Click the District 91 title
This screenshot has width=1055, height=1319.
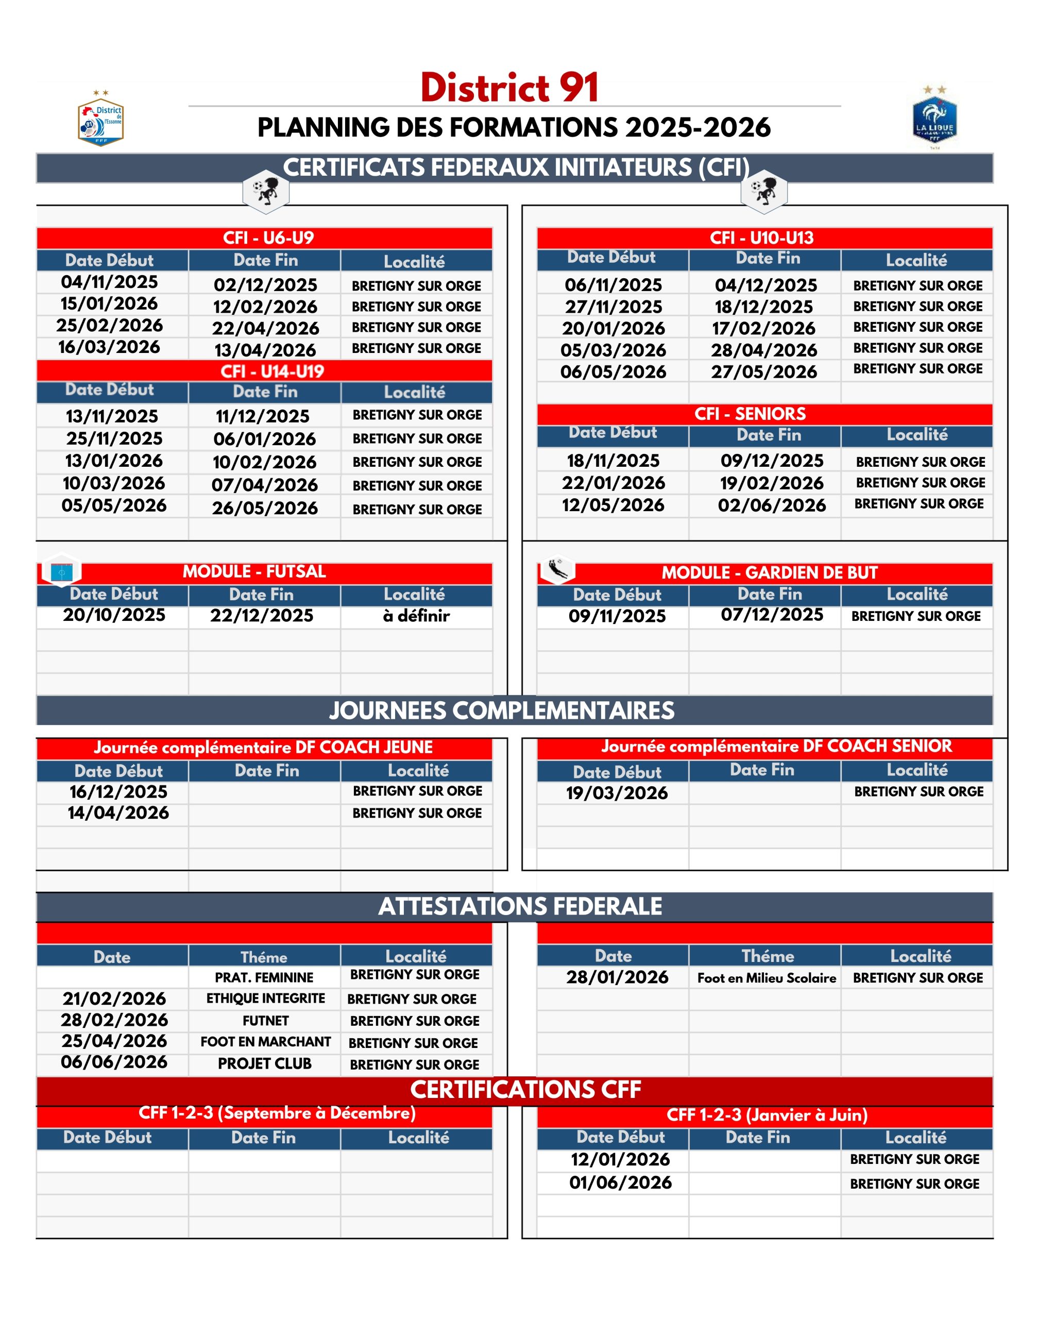click(509, 88)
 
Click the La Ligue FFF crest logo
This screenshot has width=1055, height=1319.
click(934, 118)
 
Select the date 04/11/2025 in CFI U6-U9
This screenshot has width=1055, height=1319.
click(110, 282)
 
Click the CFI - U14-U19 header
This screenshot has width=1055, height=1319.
click(272, 371)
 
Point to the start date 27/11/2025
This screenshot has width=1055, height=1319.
click(614, 307)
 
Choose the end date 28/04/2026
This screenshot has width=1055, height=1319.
click(764, 350)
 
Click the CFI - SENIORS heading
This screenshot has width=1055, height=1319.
click(750, 414)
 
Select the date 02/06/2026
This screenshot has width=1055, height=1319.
click(772, 505)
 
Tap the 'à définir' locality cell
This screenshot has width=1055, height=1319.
click(416, 616)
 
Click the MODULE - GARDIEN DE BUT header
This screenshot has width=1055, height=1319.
click(770, 572)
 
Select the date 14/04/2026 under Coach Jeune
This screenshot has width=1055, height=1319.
click(118, 813)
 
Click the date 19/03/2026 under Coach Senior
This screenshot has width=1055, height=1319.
click(617, 793)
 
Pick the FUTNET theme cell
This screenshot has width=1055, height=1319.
click(265, 1021)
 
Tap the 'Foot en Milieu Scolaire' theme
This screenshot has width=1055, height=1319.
click(767, 977)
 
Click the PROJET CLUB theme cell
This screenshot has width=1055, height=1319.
click(265, 1063)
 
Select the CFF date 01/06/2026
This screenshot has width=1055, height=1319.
click(620, 1182)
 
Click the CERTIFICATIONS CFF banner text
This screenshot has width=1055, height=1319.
click(525, 1090)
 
